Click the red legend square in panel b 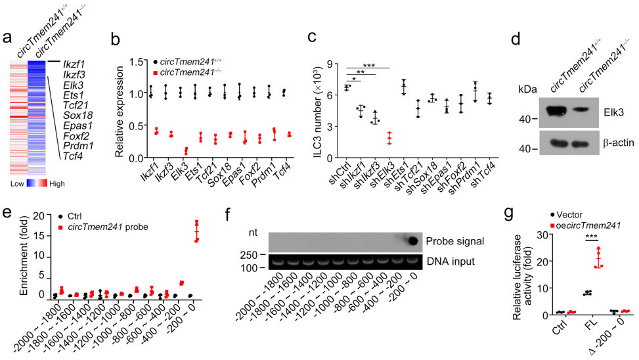[156, 71]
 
